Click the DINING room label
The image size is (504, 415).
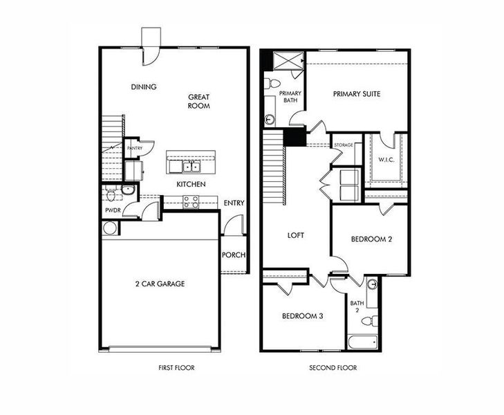coord(144,87)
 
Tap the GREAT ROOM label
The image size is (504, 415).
coord(198,102)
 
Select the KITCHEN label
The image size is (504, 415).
coord(189,185)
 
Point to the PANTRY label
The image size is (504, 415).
coord(134,148)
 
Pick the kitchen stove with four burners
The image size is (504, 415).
coord(190,202)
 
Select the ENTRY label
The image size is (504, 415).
coord(234,203)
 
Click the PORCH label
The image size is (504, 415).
coord(234,255)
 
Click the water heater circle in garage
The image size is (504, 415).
coord(109,228)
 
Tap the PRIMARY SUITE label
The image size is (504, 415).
coord(357,94)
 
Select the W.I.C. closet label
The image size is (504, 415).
coord(386,160)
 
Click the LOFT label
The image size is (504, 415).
coord(296,235)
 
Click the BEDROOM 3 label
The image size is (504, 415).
coord(303,316)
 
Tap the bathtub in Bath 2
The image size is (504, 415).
coord(362,341)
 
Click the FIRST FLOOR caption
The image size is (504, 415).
coord(171,368)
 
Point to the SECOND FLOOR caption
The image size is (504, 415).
coord(333,368)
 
